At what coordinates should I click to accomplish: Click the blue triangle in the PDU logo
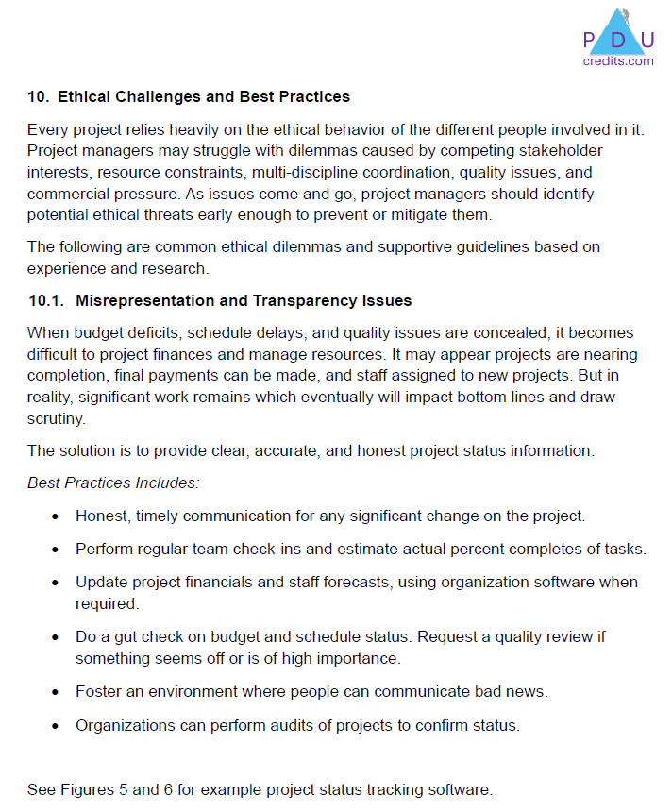point(618,33)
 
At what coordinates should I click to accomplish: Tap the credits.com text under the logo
point(618,61)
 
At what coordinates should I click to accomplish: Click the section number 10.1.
point(45,301)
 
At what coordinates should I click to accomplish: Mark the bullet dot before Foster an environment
point(56,692)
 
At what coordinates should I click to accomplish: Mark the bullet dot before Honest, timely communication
point(56,516)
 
